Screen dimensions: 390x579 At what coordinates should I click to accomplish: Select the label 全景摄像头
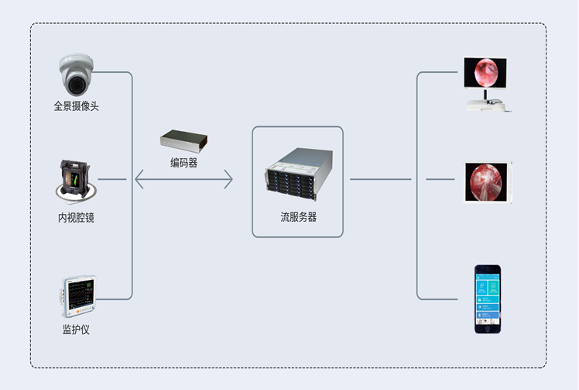pos(77,106)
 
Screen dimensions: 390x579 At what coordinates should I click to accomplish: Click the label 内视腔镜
pos(76,218)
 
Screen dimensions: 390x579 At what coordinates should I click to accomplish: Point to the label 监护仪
pos(76,330)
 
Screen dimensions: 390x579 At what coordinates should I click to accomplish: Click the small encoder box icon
pos(183,142)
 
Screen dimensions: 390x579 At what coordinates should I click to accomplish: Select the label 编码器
pos(183,163)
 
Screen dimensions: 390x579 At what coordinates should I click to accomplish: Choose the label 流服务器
pos(298,217)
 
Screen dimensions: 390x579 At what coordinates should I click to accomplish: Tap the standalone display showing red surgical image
pos(487,182)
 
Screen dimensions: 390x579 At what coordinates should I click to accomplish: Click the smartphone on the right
pos(488,299)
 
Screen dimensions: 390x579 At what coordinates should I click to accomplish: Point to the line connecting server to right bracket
pos(380,180)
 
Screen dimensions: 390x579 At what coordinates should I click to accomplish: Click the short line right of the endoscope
pos(112,180)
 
